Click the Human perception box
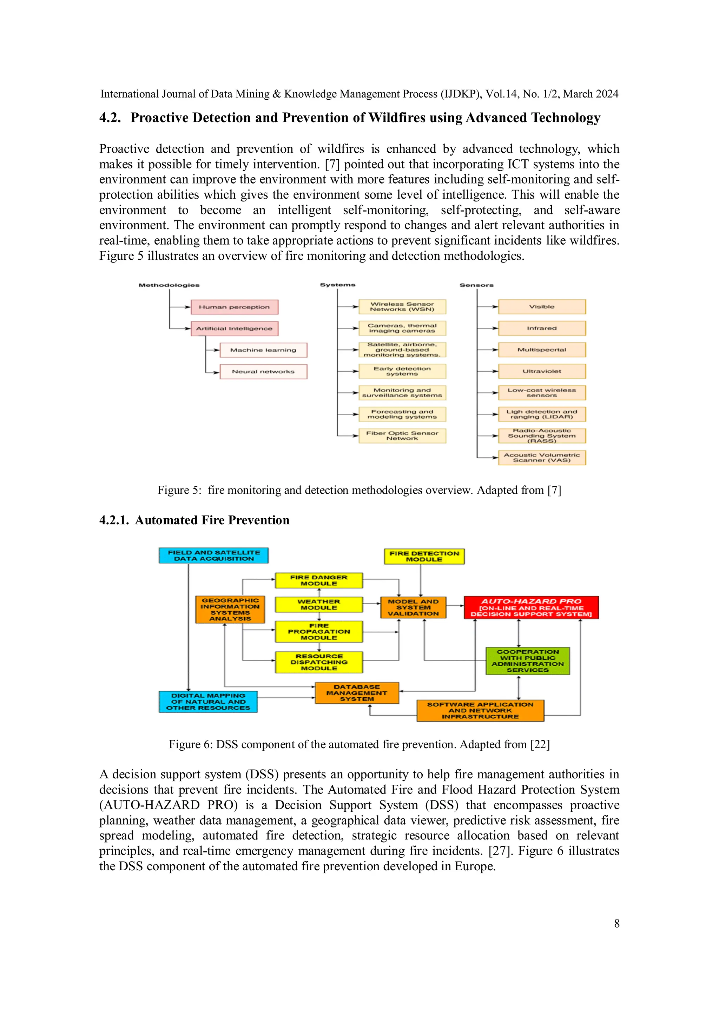tap(235, 307)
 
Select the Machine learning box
tap(263, 350)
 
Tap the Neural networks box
tap(263, 372)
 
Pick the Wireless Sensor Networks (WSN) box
tap(402, 306)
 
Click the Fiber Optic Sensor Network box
tap(402, 436)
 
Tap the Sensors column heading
tap(476, 285)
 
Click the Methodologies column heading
tap(169, 285)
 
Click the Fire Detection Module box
tap(424, 556)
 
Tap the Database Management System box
tap(357, 693)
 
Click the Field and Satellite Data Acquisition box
tap(213, 556)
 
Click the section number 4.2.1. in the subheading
tap(114, 520)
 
